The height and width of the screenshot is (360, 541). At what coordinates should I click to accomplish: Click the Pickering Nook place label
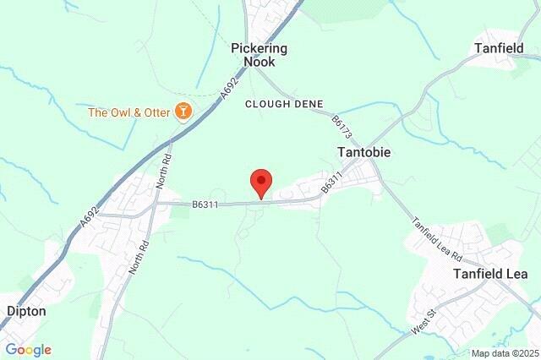click(x=259, y=55)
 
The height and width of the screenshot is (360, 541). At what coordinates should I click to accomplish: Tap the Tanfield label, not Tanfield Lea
click(x=498, y=48)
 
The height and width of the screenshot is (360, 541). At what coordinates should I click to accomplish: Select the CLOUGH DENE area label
click(x=284, y=103)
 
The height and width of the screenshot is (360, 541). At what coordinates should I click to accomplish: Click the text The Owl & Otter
click(x=128, y=112)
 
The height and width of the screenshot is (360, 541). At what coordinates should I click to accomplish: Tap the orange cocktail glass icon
click(x=182, y=111)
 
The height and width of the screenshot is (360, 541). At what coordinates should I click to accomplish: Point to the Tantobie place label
click(x=363, y=152)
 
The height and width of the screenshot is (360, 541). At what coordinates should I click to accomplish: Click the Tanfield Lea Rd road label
click(x=436, y=239)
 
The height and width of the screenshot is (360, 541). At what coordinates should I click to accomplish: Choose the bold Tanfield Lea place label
click(x=490, y=274)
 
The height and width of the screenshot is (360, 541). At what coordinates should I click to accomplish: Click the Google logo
click(x=28, y=350)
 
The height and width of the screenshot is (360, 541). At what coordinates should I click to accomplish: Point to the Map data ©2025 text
click(x=505, y=353)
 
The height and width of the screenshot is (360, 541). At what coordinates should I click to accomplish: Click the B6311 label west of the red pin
click(x=206, y=204)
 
